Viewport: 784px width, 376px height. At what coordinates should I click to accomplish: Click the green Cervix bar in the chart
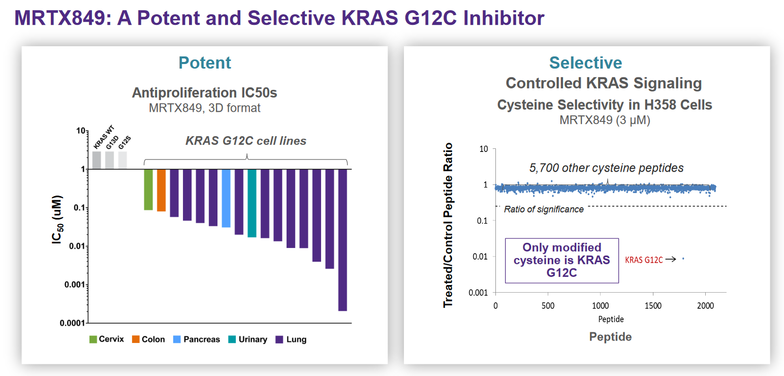point(148,190)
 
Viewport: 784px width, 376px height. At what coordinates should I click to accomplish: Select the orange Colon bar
point(161,190)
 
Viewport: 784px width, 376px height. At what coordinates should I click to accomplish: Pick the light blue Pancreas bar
point(226,198)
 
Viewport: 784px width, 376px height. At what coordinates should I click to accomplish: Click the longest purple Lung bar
point(342,239)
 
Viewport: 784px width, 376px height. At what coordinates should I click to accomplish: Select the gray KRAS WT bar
point(97,160)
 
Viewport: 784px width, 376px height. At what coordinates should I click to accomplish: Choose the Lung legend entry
point(291,339)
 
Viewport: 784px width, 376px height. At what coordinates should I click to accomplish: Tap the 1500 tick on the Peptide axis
point(653,305)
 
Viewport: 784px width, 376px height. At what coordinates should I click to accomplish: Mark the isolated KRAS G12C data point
point(683,259)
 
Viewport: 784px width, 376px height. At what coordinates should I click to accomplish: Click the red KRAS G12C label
point(644,260)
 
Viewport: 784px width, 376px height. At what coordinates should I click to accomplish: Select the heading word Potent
point(205,62)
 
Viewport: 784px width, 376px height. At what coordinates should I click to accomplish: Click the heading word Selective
point(585,62)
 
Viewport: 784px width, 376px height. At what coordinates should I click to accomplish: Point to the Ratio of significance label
point(544,209)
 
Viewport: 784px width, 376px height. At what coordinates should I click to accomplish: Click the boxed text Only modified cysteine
point(561,260)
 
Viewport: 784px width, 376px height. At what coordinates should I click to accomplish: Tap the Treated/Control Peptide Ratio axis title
point(448,225)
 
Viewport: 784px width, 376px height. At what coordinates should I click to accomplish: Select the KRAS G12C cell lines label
point(246,141)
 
